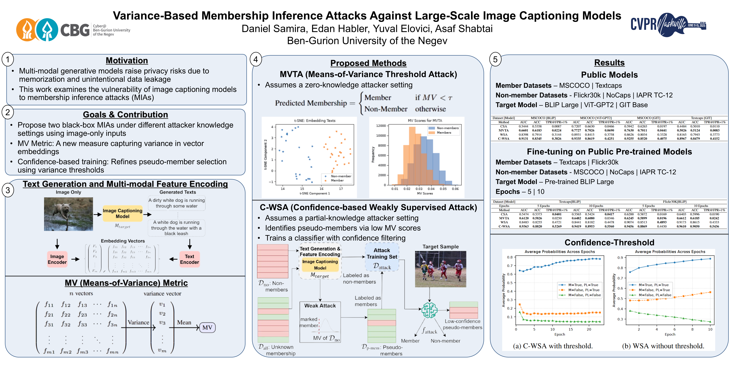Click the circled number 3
(x=8, y=190)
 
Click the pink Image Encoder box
(x=57, y=259)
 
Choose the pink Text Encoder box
(x=189, y=259)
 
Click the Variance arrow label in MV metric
(x=138, y=322)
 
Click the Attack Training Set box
(x=382, y=257)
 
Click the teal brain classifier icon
(x=429, y=310)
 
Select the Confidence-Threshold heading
(x=609, y=242)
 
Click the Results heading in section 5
(x=609, y=63)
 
